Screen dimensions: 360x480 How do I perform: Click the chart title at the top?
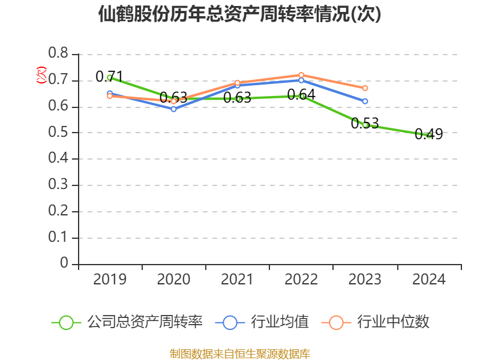click(x=240, y=14)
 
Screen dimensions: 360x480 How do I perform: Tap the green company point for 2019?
click(x=109, y=77)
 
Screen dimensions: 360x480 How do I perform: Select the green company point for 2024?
click(x=429, y=136)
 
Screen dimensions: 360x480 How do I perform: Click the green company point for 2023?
click(x=365, y=125)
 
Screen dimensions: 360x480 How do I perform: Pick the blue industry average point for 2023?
click(x=365, y=101)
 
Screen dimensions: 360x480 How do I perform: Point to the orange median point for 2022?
click(x=301, y=75)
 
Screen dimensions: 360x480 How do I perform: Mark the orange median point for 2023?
click(x=365, y=88)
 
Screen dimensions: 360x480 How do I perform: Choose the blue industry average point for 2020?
click(x=173, y=109)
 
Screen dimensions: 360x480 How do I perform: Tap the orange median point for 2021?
click(x=238, y=83)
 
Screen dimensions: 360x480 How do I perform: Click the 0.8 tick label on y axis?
click(x=58, y=54)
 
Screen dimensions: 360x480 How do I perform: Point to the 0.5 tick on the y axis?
click(x=58, y=133)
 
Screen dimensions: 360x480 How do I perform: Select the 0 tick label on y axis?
click(x=65, y=264)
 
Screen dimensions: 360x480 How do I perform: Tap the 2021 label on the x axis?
click(x=237, y=280)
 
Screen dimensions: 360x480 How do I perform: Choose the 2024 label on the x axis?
click(x=429, y=280)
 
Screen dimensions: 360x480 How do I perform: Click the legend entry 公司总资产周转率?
click(x=129, y=322)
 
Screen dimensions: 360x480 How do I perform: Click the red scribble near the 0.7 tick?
click(x=41, y=74)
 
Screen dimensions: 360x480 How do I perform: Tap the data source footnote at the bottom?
click(x=240, y=353)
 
